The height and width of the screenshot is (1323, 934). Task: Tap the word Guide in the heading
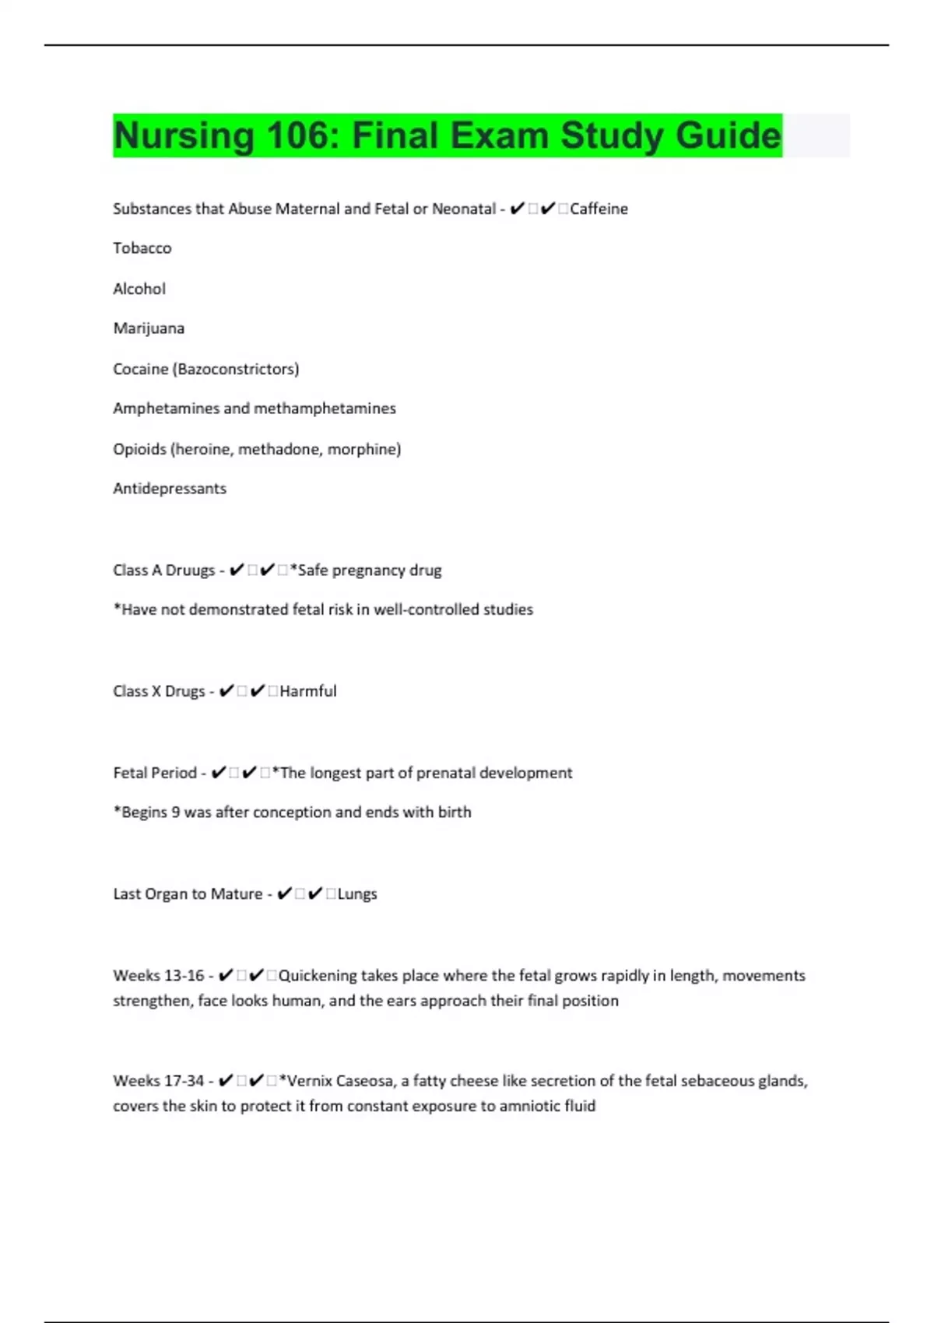click(x=728, y=135)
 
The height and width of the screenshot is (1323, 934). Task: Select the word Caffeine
click(x=599, y=209)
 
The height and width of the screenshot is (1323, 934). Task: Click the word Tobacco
click(x=142, y=248)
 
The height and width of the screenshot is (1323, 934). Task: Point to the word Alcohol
click(x=139, y=289)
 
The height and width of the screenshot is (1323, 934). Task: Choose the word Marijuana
click(x=149, y=328)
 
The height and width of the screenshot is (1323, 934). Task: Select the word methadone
click(x=279, y=449)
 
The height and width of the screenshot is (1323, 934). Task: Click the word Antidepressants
click(x=170, y=489)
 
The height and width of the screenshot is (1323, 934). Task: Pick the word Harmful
click(x=308, y=691)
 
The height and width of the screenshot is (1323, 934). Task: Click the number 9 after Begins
click(x=176, y=812)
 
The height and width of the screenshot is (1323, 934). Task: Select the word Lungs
click(x=357, y=894)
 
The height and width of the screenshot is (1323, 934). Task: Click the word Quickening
click(x=318, y=976)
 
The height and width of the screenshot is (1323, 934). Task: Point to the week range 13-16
click(x=184, y=976)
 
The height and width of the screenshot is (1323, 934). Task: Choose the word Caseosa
click(x=365, y=1081)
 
